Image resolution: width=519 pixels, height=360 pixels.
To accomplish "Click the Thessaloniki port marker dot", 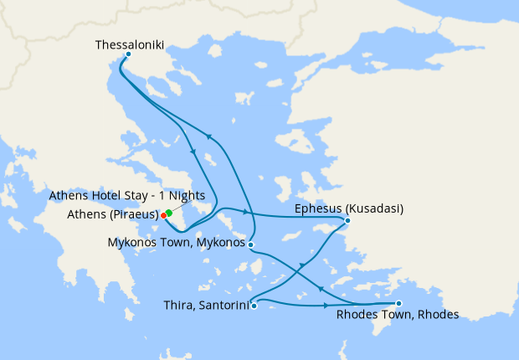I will (x=127, y=54).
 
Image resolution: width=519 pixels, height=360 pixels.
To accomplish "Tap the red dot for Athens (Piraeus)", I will (x=163, y=215).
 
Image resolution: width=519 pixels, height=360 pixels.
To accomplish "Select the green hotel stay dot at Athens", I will (x=169, y=212).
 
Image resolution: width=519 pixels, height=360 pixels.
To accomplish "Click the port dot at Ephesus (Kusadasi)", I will (x=347, y=221).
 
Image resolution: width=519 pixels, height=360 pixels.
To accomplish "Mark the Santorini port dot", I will (x=254, y=306).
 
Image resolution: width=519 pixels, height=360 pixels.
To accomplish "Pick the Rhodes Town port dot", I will (x=398, y=303).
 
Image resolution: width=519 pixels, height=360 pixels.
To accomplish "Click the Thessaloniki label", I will (x=130, y=44).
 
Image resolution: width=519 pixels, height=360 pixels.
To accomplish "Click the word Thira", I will (x=179, y=306).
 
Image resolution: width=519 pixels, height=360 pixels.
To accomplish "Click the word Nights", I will (x=208, y=196).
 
